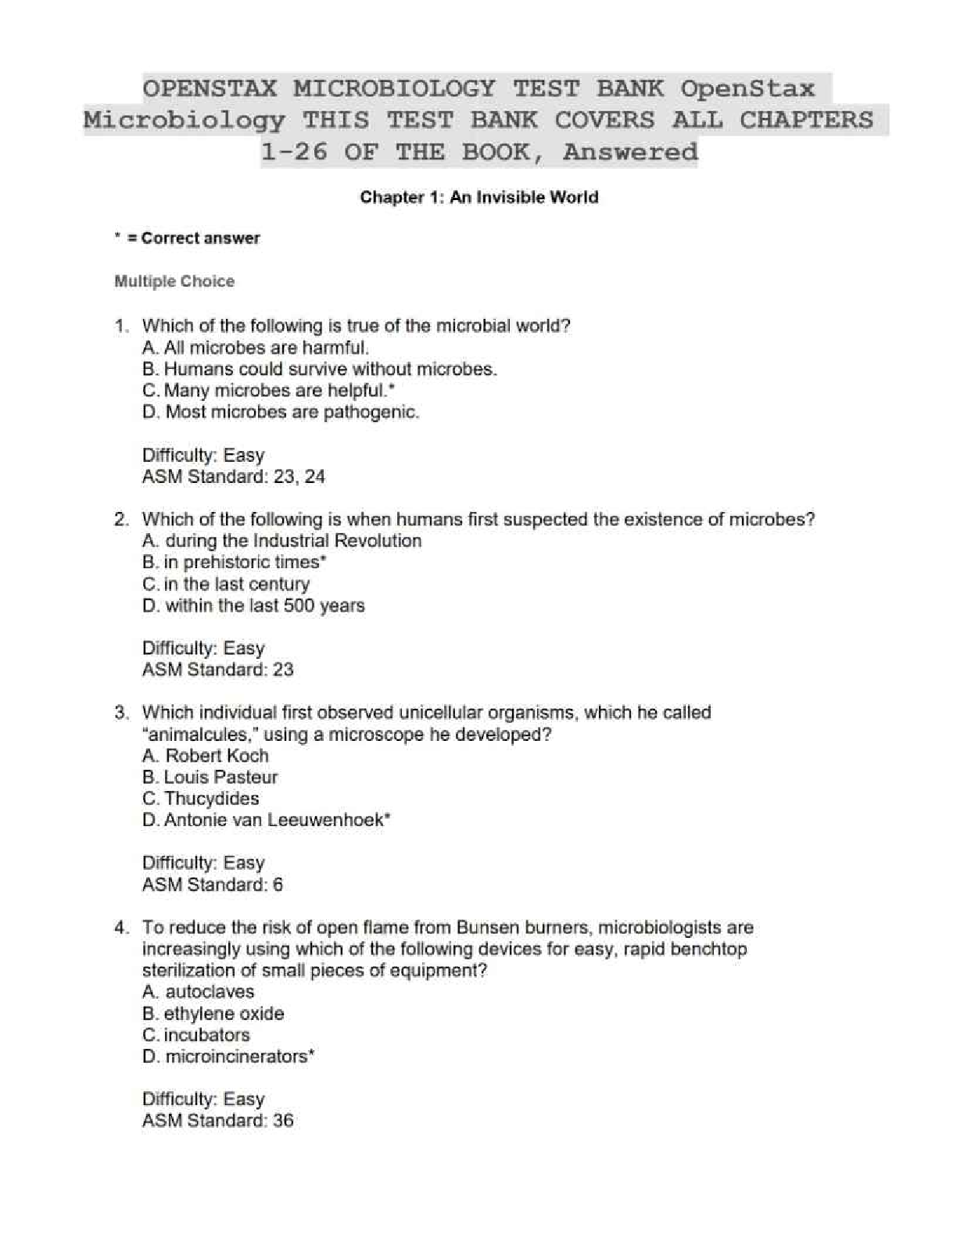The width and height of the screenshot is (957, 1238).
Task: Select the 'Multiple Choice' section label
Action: pos(174,281)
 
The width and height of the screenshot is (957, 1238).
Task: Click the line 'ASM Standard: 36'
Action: pos(217,1121)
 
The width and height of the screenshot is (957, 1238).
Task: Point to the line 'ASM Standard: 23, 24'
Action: pos(233,477)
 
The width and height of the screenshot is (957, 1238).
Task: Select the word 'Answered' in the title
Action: pos(629,152)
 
